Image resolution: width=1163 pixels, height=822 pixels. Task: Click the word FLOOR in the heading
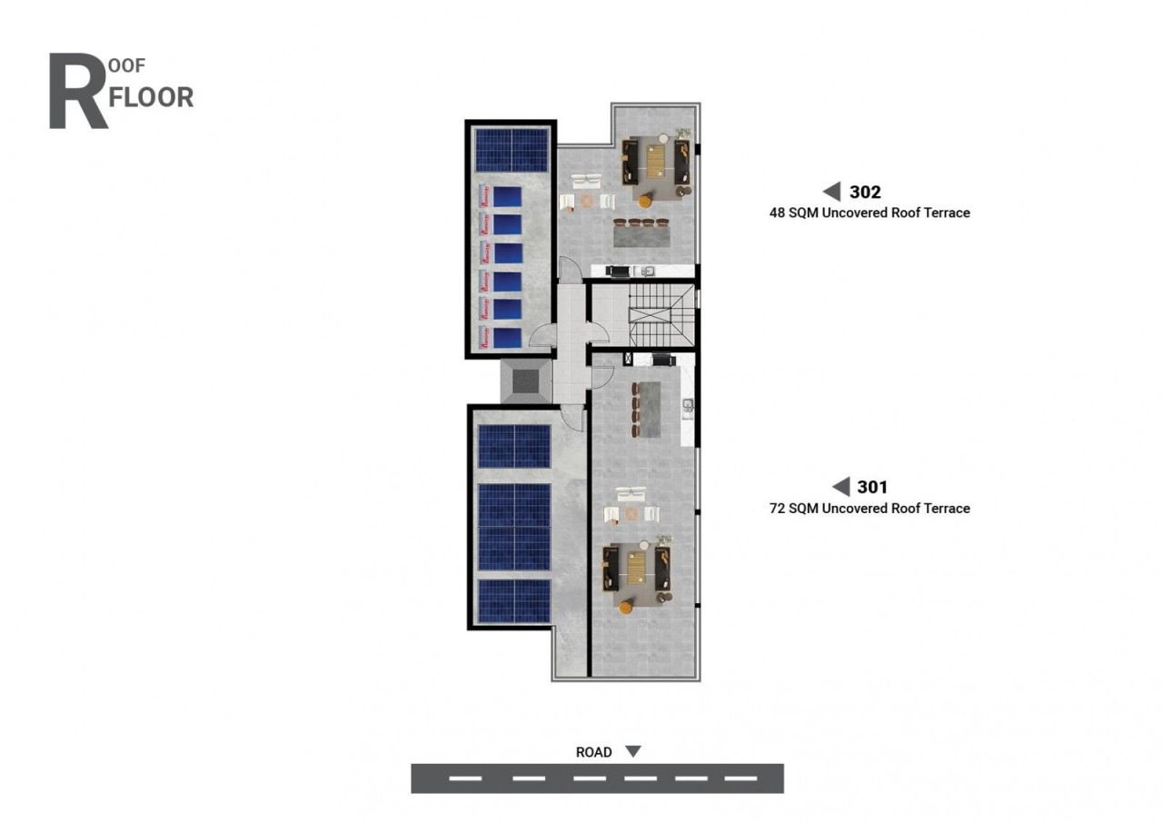[x=151, y=97]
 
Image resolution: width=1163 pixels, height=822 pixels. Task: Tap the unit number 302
[x=865, y=192]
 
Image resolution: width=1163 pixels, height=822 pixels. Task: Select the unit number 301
[x=872, y=487]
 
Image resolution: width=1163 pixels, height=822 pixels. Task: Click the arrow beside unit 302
[x=831, y=191]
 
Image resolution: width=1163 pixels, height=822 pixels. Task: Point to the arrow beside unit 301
[x=840, y=487]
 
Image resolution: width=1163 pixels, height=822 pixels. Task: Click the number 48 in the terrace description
[x=777, y=213]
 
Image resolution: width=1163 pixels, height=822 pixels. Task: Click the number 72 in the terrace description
[x=777, y=509]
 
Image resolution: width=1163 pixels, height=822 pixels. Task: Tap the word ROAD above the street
[x=593, y=752]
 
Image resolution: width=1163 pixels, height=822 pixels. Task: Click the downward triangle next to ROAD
[x=633, y=751]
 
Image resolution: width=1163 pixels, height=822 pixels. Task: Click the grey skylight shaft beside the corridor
[x=526, y=381]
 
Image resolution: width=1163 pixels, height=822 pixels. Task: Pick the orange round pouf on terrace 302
[x=646, y=201]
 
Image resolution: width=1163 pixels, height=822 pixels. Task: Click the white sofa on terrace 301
[x=631, y=495]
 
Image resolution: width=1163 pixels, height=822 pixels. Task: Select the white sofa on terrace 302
[x=585, y=180]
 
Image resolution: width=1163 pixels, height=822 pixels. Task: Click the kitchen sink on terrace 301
[x=688, y=403]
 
